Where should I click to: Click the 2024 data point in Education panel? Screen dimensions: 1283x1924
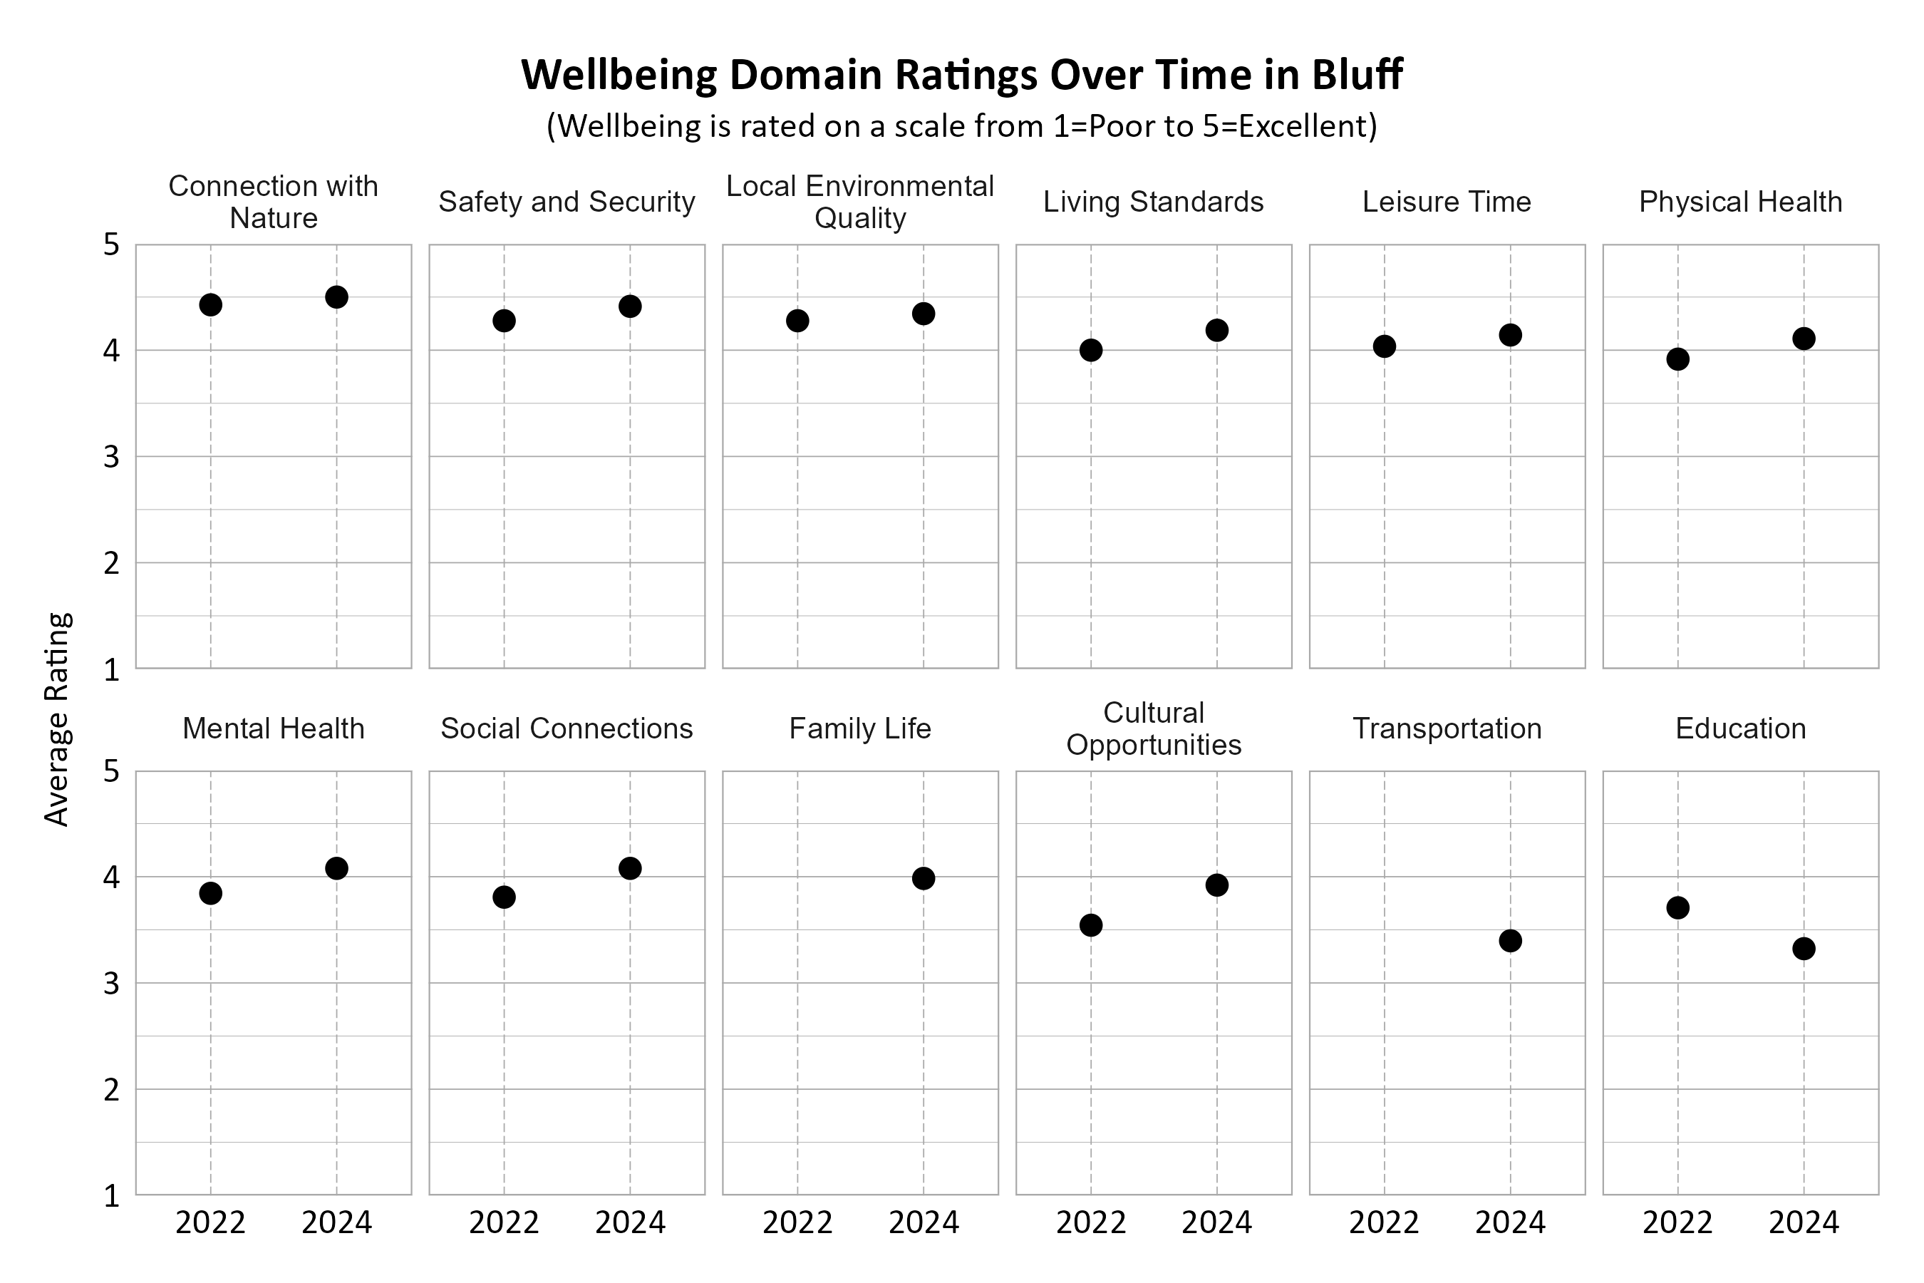(1803, 948)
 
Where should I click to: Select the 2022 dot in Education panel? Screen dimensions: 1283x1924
(1677, 907)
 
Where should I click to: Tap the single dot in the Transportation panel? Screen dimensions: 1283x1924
(1510, 940)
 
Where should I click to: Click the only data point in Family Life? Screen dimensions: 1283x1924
(923, 878)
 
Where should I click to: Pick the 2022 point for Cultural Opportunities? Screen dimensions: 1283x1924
(1090, 924)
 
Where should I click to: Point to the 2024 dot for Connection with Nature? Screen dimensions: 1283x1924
(336, 297)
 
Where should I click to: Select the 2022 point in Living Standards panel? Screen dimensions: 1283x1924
(1090, 350)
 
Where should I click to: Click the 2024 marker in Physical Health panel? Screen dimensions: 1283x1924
(1803, 338)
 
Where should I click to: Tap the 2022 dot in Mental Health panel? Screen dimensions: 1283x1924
(210, 892)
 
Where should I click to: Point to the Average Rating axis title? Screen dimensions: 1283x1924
(57, 719)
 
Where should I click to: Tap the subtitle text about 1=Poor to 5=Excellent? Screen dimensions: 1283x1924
(962, 125)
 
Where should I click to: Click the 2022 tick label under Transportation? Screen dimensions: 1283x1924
(1384, 1222)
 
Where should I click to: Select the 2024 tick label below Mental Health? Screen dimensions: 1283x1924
(336, 1222)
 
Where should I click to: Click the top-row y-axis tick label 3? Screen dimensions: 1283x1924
(111, 457)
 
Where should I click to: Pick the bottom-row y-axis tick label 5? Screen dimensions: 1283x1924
(111, 771)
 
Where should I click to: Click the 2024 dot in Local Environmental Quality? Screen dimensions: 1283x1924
(923, 314)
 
